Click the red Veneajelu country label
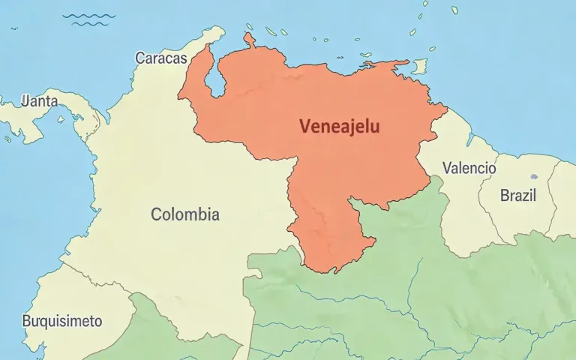pos(339,127)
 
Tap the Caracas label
pos(160,58)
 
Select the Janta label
pos(40,100)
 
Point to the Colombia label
pos(185,214)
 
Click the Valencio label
pos(469,168)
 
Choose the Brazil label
pos(518,196)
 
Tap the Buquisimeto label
pos(61,321)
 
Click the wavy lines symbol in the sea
pos(88,19)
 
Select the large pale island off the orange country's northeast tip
pos(419,66)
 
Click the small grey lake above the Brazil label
pos(533,177)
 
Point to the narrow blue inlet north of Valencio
pos(469,139)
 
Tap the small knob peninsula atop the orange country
pos(249,38)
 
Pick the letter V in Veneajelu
pos(304,127)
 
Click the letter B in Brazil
pos(505,196)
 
